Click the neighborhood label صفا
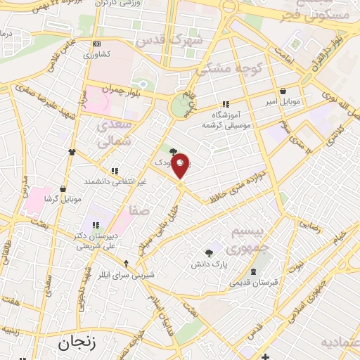138,209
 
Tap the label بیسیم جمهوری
252,240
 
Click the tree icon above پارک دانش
208,253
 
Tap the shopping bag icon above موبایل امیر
283,91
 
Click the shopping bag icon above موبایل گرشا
63,188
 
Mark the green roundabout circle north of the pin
183,106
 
